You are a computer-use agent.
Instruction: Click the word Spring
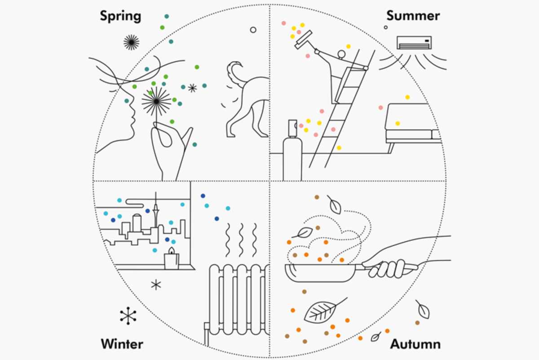point(120,17)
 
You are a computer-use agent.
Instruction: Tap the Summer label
point(413,16)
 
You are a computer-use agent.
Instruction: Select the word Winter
point(122,344)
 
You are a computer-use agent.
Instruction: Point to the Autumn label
point(415,345)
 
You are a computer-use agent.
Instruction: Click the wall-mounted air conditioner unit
point(414,43)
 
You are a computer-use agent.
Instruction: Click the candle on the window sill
point(171,259)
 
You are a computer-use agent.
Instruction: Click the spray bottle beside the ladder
point(292,153)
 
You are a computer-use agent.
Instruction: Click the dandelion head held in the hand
point(156,102)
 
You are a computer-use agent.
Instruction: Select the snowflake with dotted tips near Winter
point(128,316)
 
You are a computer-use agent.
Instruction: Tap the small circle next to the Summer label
point(385,27)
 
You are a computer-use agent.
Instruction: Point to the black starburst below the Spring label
point(131,42)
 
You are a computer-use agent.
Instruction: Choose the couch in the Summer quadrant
point(411,124)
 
